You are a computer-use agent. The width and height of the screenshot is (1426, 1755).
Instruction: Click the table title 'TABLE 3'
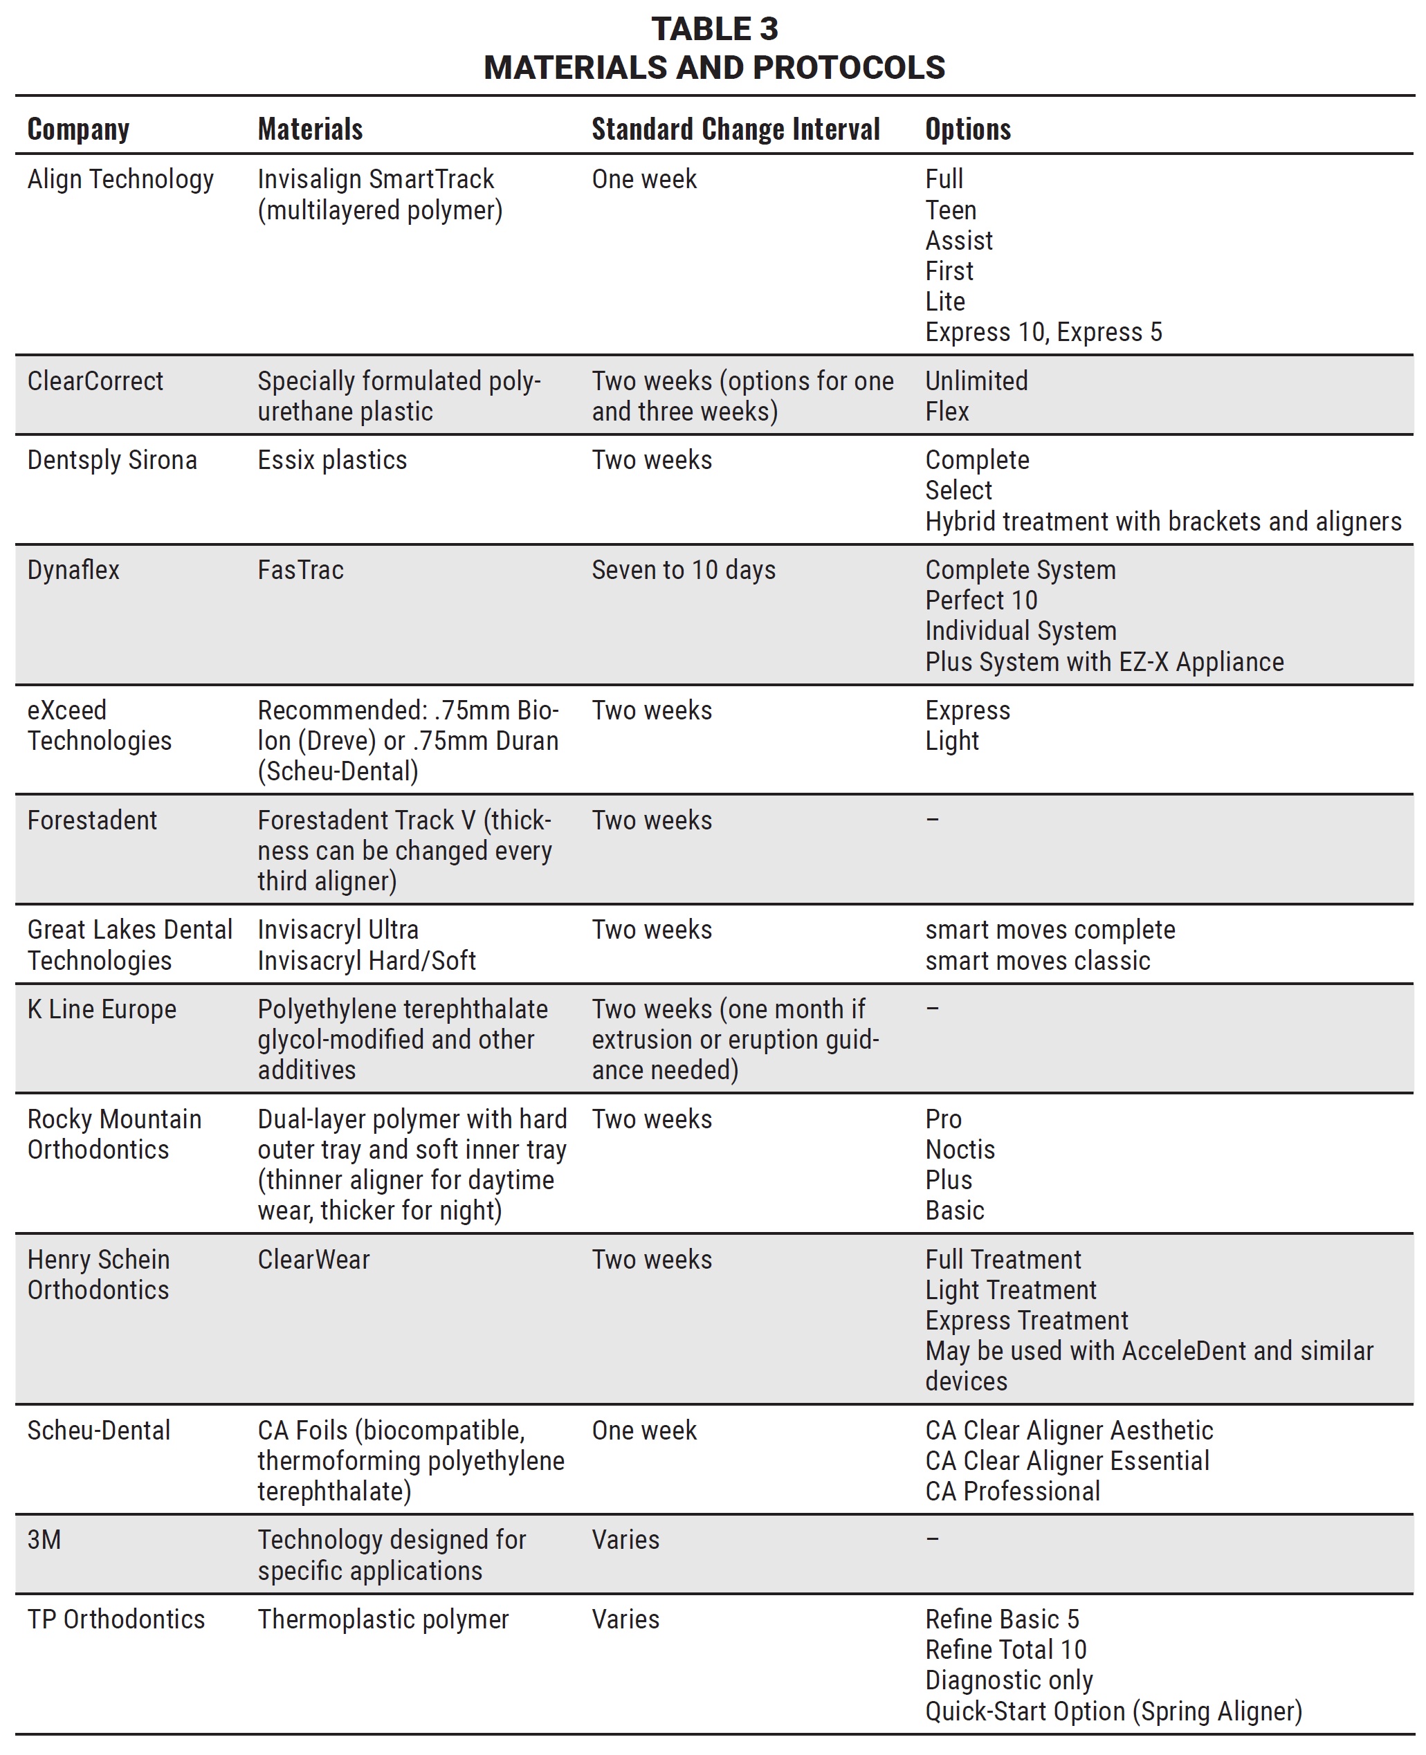714,30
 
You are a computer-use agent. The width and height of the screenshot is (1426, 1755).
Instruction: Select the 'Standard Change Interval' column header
735,130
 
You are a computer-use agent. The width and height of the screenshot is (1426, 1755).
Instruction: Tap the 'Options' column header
968,130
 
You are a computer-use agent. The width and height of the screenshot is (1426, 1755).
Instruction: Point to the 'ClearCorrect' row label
95,381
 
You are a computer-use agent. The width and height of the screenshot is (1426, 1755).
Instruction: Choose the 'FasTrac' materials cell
301,570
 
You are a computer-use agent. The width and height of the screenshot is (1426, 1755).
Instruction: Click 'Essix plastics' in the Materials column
332,460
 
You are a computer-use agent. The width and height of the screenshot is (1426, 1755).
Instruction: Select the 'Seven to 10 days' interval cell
684,570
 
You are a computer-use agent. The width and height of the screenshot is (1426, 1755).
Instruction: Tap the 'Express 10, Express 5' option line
1043,332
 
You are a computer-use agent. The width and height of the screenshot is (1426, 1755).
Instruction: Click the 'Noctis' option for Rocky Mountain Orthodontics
960,1149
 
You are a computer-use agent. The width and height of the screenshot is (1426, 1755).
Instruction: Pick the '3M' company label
44,1539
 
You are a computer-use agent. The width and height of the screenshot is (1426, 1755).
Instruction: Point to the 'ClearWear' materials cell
314,1259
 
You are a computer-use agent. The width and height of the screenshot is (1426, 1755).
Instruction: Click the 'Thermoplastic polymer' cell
383,1619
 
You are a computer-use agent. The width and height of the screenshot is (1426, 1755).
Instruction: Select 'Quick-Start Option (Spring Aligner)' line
1113,1711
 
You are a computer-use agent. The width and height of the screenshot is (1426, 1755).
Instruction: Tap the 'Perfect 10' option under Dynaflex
981,600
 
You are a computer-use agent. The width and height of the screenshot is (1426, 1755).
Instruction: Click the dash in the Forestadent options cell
932,820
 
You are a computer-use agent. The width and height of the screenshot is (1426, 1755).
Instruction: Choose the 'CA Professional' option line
1012,1491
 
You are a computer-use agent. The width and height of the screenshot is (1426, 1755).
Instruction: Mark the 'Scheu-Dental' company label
98,1430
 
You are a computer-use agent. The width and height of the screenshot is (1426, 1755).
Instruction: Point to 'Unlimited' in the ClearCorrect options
976,381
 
